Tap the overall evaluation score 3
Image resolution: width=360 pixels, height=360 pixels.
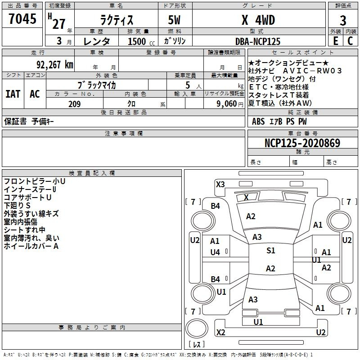click(343, 20)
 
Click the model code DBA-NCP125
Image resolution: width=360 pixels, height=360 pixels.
click(258, 41)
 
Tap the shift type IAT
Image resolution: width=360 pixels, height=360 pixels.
click(13, 94)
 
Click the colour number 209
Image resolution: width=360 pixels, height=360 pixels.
click(74, 104)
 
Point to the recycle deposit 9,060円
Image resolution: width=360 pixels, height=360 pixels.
click(229, 104)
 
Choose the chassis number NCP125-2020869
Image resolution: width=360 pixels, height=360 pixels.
click(302, 143)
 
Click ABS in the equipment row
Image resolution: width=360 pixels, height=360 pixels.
click(258, 121)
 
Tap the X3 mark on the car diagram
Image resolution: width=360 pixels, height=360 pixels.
click(220, 184)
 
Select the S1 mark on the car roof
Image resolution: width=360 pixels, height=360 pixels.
click(270, 251)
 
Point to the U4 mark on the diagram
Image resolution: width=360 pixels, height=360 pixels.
click(215, 252)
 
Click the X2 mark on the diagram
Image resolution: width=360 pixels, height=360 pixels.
click(220, 333)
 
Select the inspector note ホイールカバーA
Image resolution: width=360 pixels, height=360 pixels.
click(31, 246)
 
